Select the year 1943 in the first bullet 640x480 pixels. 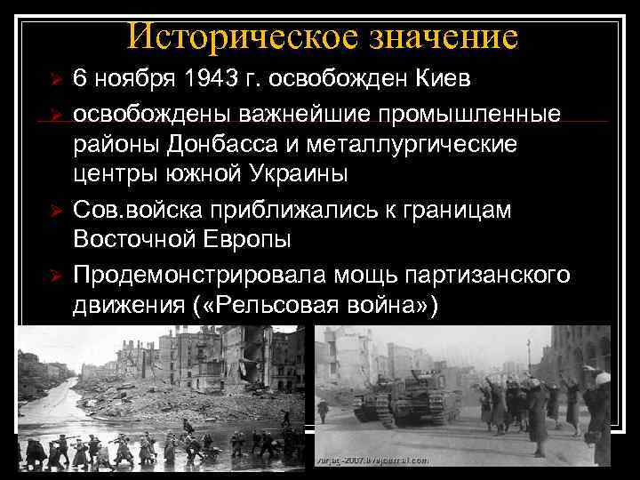pyautogui.click(x=206, y=81)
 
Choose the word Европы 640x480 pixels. pyautogui.click(x=266, y=241)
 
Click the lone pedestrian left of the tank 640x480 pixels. pyautogui.click(x=324, y=412)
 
